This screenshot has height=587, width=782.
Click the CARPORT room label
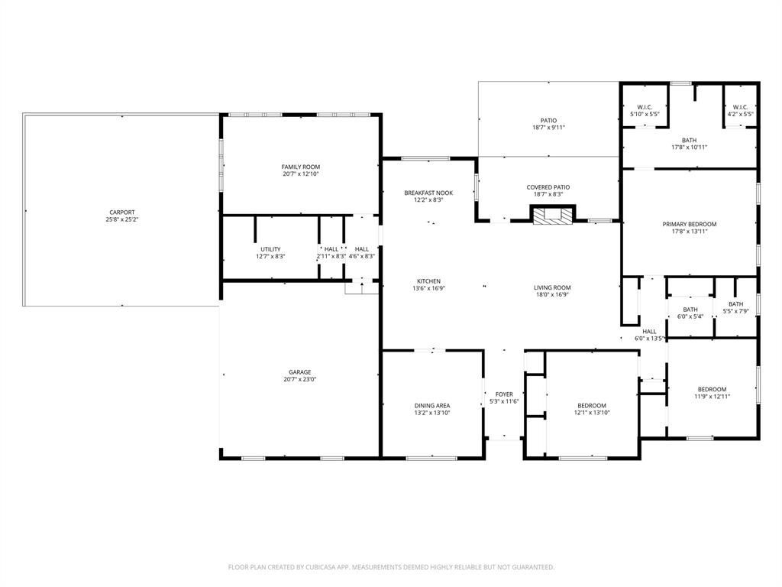click(122, 212)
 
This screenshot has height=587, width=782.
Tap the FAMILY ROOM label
click(300, 167)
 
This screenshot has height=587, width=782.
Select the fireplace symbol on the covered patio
click(551, 216)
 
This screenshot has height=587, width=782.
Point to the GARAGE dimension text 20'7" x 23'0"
click(300, 379)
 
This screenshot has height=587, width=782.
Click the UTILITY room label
click(270, 249)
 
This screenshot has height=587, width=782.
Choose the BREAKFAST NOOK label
click(428, 193)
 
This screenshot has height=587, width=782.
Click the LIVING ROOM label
click(552, 287)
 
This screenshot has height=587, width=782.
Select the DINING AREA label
click(432, 405)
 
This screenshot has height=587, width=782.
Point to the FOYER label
click(504, 394)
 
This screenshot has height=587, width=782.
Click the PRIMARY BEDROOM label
click(689, 224)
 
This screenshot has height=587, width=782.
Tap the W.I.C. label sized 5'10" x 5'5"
click(644, 107)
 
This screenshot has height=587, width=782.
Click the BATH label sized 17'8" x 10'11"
click(689, 140)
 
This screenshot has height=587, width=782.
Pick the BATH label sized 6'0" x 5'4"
click(690, 310)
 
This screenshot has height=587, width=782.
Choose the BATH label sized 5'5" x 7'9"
click(735, 303)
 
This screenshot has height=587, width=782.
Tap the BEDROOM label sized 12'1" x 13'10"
click(591, 405)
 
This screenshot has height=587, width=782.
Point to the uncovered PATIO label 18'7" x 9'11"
click(548, 120)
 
